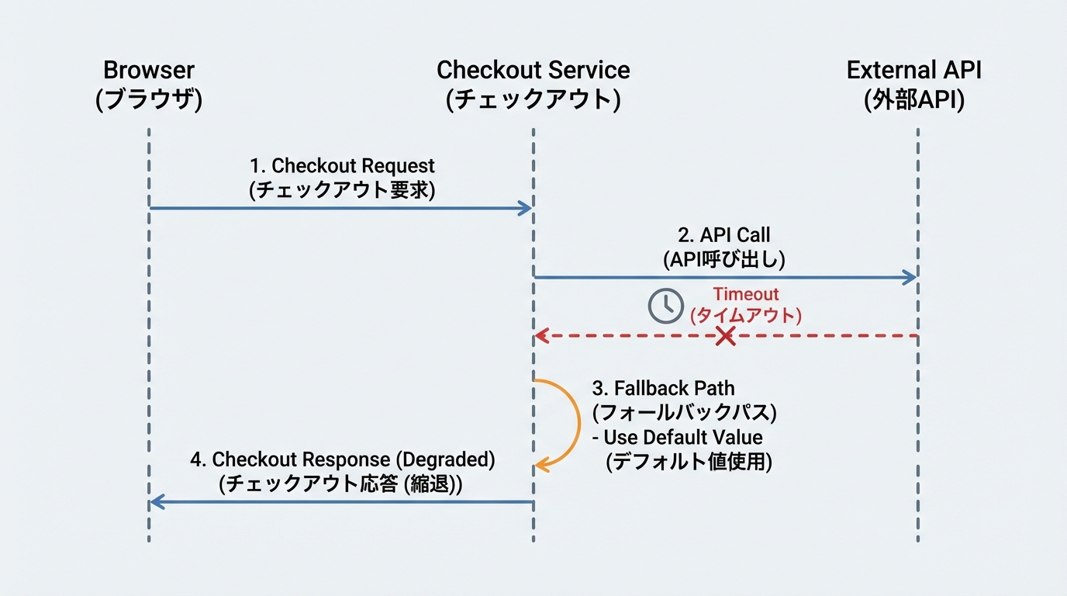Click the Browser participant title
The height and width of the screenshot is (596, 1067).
[x=149, y=70]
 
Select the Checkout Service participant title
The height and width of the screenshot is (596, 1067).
[x=533, y=70]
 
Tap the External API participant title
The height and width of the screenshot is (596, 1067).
[x=913, y=70]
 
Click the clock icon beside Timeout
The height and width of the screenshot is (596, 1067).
[x=665, y=306]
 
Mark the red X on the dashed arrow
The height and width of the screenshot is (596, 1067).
[x=725, y=336]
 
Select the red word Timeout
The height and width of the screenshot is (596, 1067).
[x=746, y=294]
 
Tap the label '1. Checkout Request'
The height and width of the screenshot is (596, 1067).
[x=342, y=166]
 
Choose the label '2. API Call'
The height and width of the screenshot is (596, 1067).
[x=724, y=235]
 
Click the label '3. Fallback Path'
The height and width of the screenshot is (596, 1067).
[x=663, y=388]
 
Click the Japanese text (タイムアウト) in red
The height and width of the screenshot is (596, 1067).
[x=746, y=316]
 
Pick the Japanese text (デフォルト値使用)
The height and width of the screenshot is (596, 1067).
[x=689, y=462]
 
